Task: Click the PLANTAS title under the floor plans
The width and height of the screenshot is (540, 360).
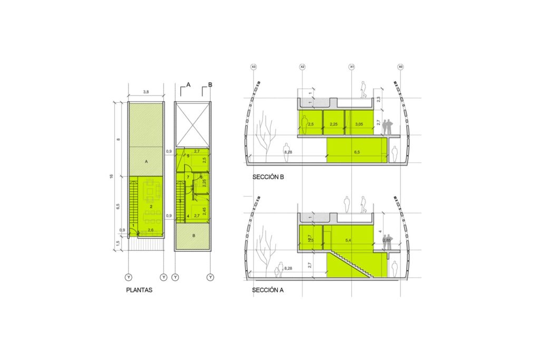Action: click(139, 290)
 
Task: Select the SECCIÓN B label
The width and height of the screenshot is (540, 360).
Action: click(268, 177)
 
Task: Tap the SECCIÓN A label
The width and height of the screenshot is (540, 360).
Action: click(268, 290)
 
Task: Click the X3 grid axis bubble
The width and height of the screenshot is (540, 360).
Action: click(254, 67)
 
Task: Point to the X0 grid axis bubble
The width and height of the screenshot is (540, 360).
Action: click(401, 67)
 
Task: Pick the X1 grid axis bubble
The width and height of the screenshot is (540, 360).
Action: click(352, 67)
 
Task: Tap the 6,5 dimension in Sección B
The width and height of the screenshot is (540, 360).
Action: click(357, 152)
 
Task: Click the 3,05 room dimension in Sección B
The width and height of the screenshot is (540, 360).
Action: click(359, 124)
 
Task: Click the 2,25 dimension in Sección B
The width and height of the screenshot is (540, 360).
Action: click(333, 124)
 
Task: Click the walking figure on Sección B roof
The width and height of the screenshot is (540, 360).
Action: click(363, 90)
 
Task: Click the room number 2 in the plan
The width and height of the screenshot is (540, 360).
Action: click(151, 207)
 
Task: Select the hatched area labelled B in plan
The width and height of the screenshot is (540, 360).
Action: click(192, 236)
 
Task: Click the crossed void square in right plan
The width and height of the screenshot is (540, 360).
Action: click(192, 124)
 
